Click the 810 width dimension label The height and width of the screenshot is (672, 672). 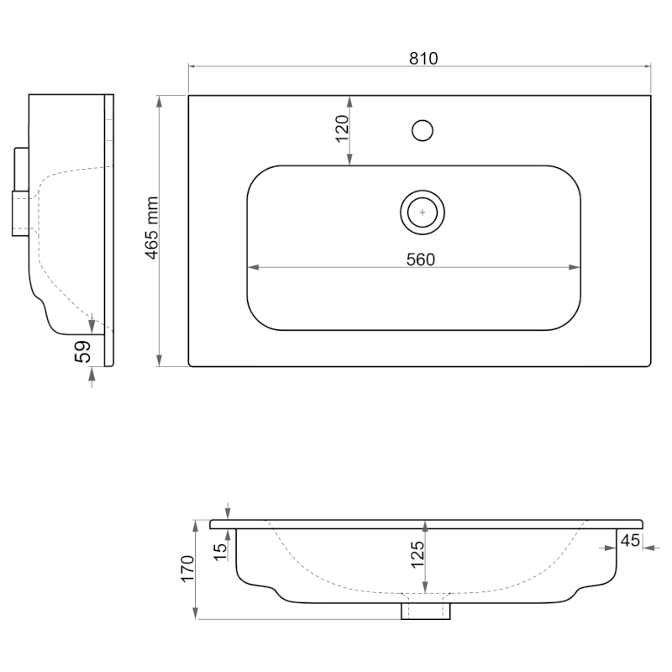pos(423,58)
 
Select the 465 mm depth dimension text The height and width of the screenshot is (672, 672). pos(152,228)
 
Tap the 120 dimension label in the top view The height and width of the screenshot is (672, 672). pos(342,129)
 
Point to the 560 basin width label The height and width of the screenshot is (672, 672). pos(421,260)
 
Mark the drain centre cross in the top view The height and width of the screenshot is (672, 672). pos(423,213)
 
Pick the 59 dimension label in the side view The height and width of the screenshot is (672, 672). pos(83,351)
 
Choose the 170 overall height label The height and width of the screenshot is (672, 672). pos(187,569)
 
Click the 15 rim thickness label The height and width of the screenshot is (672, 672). pos(220,552)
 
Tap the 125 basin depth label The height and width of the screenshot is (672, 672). pos(417,554)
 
